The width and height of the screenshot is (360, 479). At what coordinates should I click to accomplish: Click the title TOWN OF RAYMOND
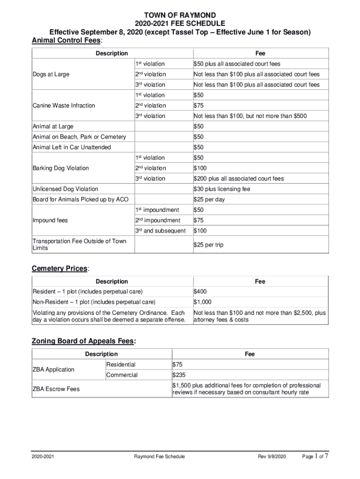pyautogui.click(x=180, y=15)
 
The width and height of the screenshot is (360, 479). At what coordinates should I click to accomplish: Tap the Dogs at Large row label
pyautogui.click(x=51, y=74)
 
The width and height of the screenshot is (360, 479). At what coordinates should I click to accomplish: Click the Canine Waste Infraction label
pyautogui.click(x=64, y=106)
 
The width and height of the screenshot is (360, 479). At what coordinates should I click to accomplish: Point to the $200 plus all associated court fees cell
pyautogui.click(x=238, y=179)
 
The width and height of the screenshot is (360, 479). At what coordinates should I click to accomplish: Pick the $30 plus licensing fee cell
pyautogui.click(x=222, y=189)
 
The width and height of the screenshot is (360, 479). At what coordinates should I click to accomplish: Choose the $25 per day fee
pyautogui.click(x=209, y=200)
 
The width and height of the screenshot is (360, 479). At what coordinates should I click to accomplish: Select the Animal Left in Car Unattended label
pyautogui.click(x=72, y=147)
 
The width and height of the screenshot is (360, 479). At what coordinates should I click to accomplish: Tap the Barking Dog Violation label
pyautogui.click(x=60, y=168)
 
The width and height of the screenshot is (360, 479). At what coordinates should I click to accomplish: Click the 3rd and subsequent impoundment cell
pyautogui.click(x=160, y=231)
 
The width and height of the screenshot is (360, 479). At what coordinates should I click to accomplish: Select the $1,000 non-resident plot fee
pyautogui.click(x=202, y=302)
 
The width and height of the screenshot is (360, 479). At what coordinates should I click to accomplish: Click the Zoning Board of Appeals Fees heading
pyautogui.click(x=84, y=341)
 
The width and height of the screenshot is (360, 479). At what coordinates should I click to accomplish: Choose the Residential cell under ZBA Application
pyautogui.click(x=121, y=365)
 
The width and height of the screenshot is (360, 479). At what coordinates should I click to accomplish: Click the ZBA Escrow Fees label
pyautogui.click(x=56, y=389)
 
